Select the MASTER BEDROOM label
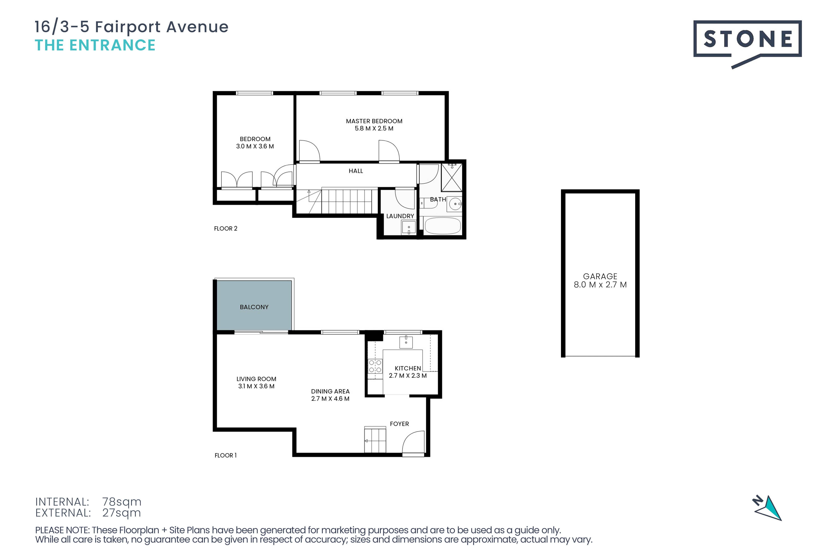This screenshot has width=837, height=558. [374, 121]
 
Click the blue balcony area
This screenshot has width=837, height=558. [254, 305]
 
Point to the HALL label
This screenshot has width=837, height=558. [356, 171]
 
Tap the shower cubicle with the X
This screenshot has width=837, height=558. [452, 177]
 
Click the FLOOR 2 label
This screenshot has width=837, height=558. [226, 228]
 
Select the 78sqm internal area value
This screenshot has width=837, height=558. [122, 502]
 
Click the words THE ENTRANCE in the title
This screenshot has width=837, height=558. [95, 45]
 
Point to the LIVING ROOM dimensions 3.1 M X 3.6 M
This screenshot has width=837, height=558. [256, 386]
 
